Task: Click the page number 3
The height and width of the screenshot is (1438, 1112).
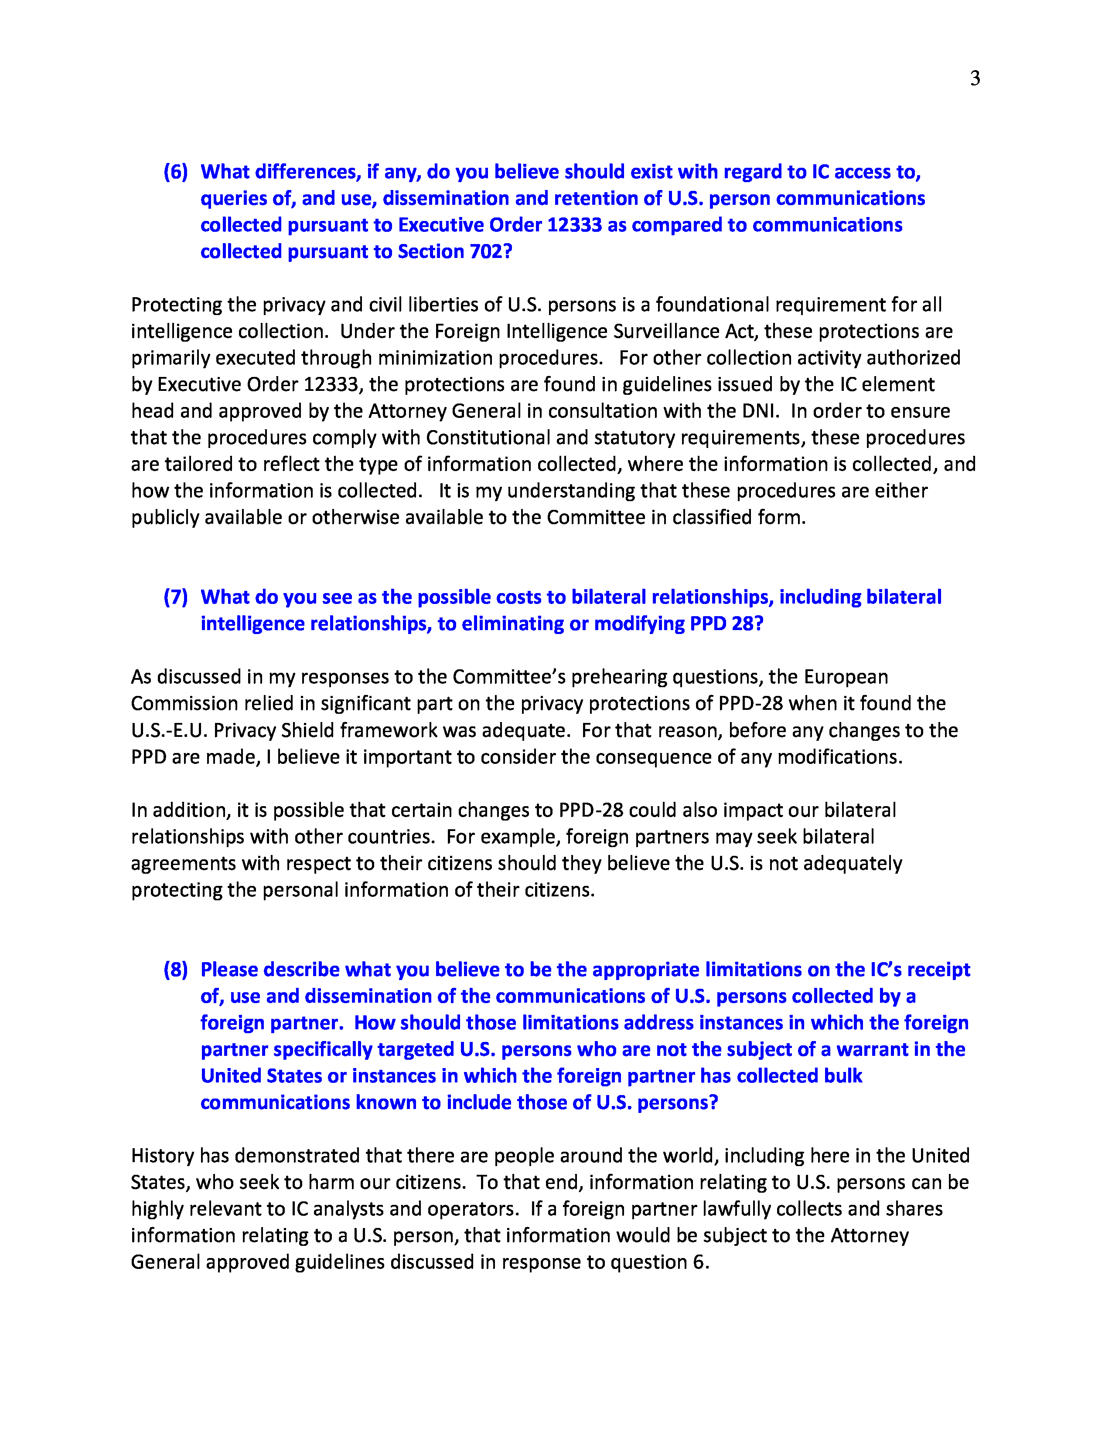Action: [975, 78]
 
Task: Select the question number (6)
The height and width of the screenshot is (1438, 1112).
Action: [175, 172]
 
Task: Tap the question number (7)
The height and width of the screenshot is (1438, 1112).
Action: [175, 597]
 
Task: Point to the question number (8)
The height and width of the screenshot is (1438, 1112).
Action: [175, 970]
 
